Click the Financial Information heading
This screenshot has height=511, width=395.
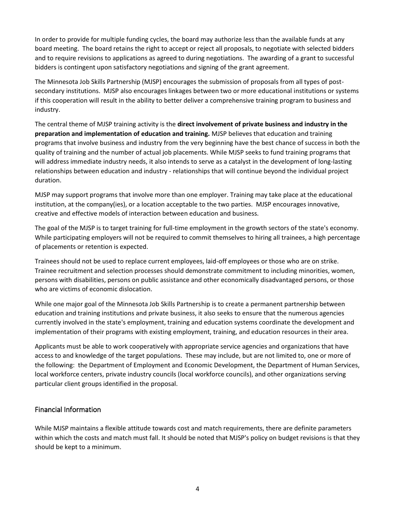[68, 410]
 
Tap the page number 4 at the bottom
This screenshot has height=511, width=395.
[197, 489]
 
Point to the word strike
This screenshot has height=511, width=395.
[329, 261]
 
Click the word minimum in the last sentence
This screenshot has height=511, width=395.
[106, 447]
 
